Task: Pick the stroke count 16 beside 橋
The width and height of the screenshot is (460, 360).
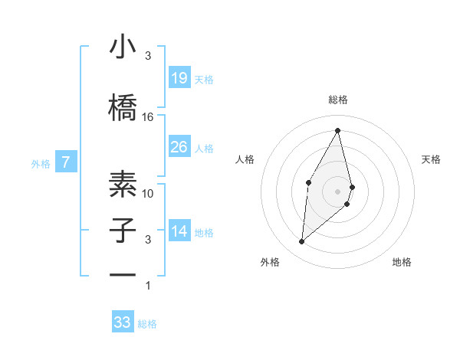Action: [148, 117]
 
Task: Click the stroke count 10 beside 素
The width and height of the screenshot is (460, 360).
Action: [148, 193]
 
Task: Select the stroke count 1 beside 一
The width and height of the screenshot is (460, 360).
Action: [148, 286]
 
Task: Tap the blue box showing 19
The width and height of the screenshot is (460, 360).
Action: [179, 78]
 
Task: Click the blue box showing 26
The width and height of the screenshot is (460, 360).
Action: [179, 147]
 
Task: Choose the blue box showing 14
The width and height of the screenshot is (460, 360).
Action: [179, 231]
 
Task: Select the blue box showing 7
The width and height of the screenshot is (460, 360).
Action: [66, 162]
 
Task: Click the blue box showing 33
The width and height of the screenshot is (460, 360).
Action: [123, 322]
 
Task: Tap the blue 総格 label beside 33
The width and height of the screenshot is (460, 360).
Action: [147, 324]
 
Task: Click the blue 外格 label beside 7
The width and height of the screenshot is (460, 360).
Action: [41, 163]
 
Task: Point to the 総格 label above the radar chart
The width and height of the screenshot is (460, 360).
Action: [337, 100]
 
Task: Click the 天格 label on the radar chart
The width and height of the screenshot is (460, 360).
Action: [432, 159]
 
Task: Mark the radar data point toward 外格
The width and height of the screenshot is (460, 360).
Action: [302, 242]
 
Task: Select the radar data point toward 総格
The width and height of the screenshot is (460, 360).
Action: [337, 130]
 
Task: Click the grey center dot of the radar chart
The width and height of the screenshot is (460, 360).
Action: [337, 190]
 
